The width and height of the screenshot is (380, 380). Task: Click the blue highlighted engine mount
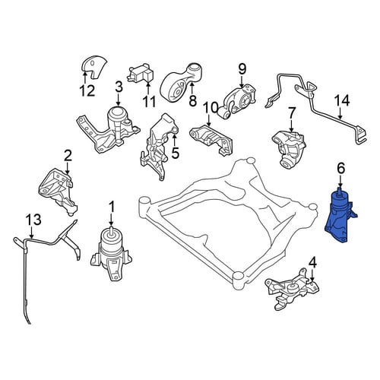pos(339,219)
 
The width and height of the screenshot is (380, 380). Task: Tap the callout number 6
pos(340,169)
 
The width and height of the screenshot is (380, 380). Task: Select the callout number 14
pos(342,100)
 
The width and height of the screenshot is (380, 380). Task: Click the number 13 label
pos(33,220)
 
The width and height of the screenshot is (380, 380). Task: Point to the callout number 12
pos(87,90)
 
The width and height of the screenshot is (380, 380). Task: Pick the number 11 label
pos(149,102)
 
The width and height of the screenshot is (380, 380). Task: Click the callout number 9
pos(242,68)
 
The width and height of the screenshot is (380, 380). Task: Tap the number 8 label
pos(193,101)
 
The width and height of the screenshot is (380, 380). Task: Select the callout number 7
pos(291,113)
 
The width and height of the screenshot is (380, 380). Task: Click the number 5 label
pos(175,153)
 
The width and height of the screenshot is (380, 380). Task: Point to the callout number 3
pos(119,87)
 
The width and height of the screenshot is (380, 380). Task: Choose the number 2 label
pos(68,156)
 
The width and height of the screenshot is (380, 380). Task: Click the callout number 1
pos(111,207)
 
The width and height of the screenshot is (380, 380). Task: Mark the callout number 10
pos(210,108)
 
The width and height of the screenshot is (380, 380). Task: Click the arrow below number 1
pos(111,219)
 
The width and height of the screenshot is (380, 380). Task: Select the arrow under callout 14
pos(340,113)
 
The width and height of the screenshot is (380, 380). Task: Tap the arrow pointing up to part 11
pos(148,87)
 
